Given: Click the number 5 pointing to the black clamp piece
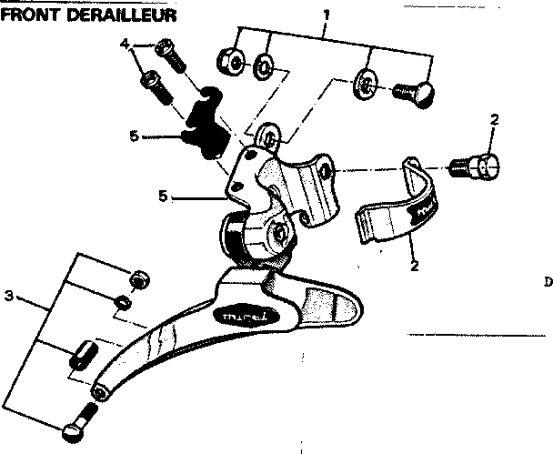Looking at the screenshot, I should [134, 136].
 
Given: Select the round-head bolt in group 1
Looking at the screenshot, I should [414, 91].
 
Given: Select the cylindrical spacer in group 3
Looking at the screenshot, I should [83, 353].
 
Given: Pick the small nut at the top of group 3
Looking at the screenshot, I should [139, 279].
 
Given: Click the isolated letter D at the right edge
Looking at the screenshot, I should [548, 282].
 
